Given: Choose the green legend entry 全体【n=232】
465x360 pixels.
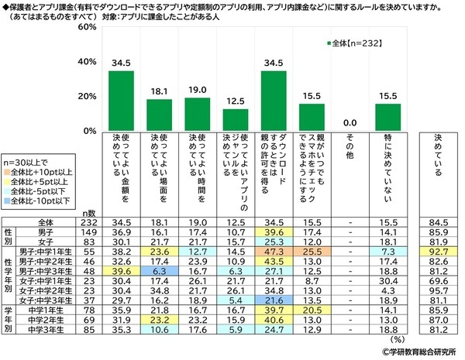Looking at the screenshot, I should [355, 44].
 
